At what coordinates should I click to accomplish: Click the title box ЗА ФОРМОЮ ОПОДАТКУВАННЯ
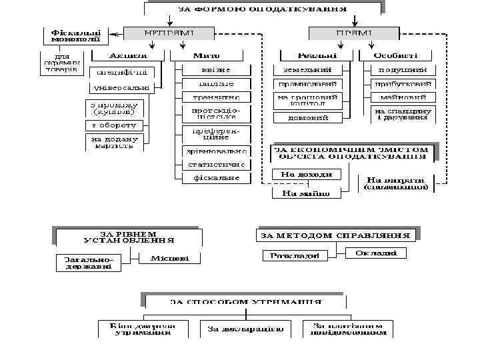click(263, 9)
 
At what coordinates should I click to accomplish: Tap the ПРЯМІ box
click(345, 33)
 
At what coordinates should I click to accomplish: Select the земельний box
click(307, 69)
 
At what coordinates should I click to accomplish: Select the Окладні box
click(376, 253)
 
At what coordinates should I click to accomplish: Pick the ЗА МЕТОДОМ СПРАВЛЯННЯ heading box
click(336, 235)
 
